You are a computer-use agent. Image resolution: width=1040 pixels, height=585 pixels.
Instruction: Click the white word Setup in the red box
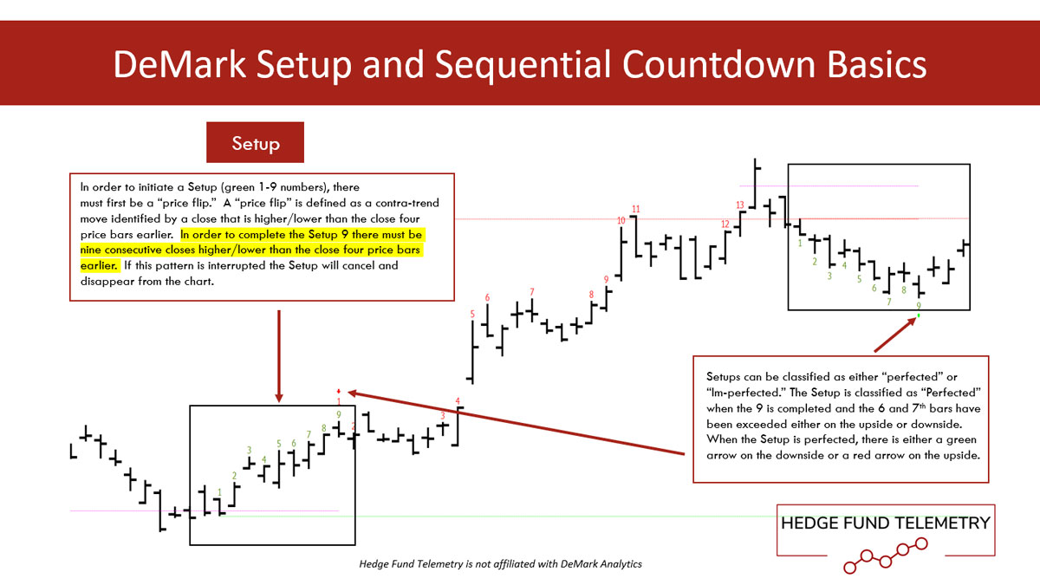click(x=256, y=144)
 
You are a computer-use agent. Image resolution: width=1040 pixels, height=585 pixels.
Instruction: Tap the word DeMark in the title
click(x=179, y=64)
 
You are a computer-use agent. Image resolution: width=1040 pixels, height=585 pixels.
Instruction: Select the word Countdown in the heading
click(x=719, y=64)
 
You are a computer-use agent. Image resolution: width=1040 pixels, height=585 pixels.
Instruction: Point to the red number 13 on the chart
click(x=739, y=205)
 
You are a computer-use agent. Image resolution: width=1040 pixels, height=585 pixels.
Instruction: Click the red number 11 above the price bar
click(x=635, y=209)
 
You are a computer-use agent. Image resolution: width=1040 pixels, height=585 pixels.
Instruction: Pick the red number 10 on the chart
click(x=621, y=220)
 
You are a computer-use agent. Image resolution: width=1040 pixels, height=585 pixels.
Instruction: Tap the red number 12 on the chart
click(x=725, y=224)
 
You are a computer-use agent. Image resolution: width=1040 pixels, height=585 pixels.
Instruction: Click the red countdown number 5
click(x=472, y=314)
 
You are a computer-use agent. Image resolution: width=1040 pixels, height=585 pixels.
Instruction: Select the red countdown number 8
click(x=591, y=295)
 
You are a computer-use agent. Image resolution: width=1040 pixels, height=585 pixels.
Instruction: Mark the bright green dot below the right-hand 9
click(x=919, y=315)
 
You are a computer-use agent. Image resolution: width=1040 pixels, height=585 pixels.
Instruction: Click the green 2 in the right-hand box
click(x=815, y=262)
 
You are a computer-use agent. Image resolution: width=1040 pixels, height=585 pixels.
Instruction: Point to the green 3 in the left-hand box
click(x=249, y=450)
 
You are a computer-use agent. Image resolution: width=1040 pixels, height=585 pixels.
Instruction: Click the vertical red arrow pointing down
click(x=279, y=356)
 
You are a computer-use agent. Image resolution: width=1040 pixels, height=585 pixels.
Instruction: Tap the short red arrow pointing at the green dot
click(x=894, y=335)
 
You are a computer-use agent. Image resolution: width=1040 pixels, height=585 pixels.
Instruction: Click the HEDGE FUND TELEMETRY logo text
click(x=886, y=523)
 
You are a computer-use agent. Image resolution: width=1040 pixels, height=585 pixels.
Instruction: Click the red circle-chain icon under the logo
click(x=886, y=556)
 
